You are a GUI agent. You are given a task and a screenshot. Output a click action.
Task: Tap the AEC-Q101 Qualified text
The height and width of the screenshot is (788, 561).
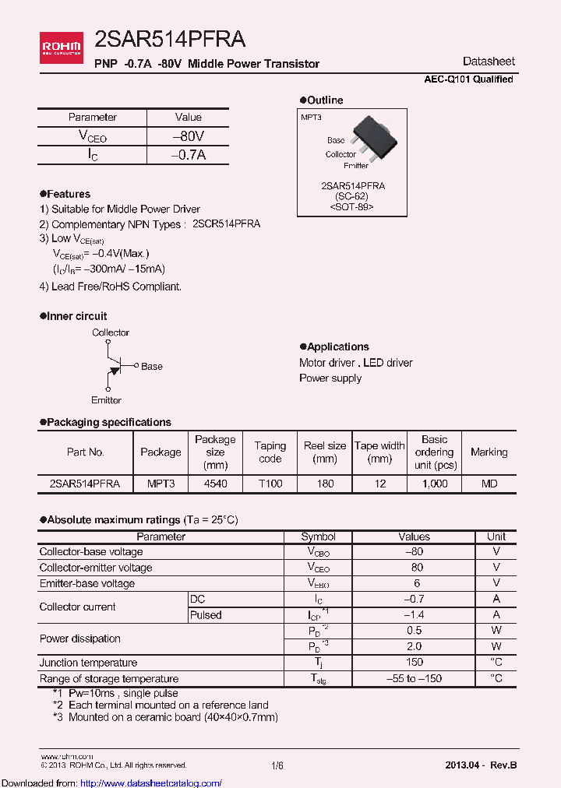468,79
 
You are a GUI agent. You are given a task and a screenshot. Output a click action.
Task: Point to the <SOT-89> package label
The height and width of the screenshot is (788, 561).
351,207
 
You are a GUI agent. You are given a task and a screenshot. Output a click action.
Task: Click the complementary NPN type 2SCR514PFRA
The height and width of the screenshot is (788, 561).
226,223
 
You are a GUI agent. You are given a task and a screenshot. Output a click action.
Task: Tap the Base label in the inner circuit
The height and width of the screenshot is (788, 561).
152,366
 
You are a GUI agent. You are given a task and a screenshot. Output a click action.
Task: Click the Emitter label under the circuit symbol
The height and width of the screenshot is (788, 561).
106,400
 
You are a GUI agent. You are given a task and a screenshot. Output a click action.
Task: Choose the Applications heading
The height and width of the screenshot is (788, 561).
337,347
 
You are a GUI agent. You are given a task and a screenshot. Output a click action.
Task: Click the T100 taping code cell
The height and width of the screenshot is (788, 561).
270,484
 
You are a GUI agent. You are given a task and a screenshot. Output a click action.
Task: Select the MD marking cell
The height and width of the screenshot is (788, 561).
489,484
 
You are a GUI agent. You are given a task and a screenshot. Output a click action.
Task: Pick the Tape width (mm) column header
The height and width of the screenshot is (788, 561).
379,452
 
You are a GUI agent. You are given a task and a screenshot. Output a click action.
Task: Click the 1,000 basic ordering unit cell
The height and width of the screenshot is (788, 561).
434,484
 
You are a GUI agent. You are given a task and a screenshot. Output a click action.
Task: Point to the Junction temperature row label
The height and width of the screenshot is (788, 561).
88,663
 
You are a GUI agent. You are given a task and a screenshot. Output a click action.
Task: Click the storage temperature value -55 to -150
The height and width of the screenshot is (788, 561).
414,678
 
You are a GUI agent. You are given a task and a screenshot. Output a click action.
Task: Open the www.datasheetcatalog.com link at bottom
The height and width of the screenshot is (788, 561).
111,783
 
